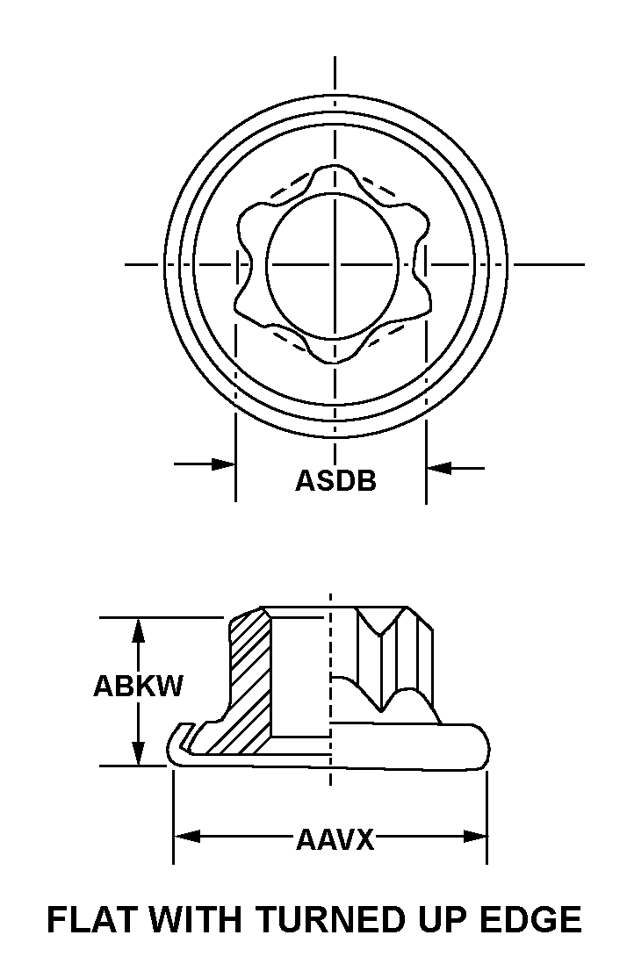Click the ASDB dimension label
point(335,480)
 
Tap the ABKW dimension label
point(138,687)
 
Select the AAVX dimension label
point(335,839)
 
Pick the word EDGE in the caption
point(531,919)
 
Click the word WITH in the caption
point(195,919)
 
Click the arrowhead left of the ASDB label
point(224,464)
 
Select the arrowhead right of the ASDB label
point(439,468)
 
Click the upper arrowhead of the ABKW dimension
point(139,629)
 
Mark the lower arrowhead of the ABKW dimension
point(139,753)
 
